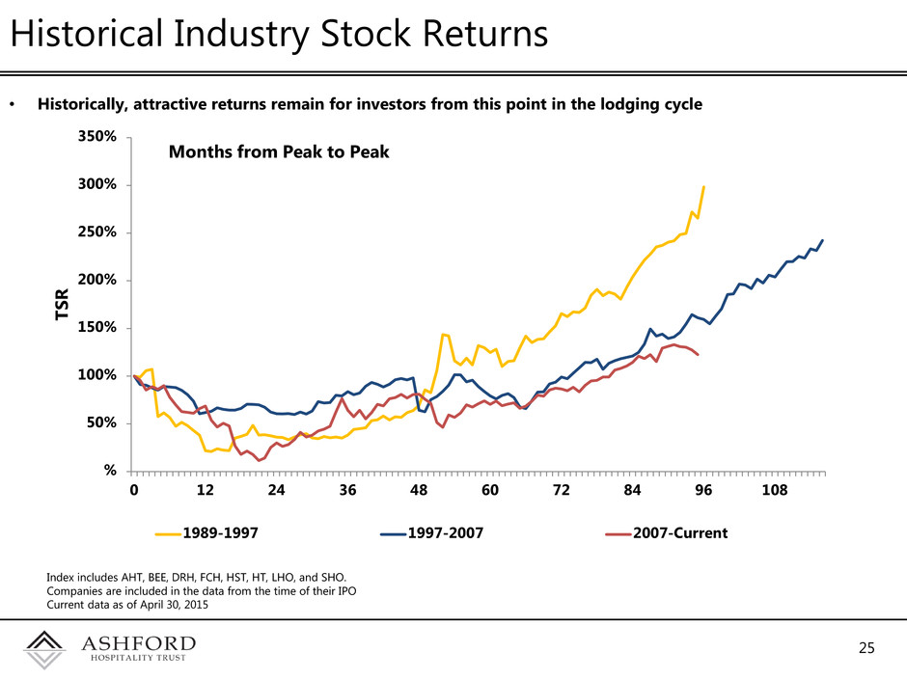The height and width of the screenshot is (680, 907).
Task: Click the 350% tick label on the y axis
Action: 97,137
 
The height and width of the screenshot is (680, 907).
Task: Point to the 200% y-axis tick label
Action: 97,280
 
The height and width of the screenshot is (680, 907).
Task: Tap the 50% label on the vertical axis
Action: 101,422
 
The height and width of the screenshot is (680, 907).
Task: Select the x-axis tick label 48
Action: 419,492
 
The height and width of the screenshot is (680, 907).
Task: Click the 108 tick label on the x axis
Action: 775,492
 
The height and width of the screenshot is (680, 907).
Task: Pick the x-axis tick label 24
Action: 276,492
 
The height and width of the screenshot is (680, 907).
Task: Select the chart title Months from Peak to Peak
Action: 279,151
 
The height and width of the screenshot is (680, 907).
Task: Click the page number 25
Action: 867,648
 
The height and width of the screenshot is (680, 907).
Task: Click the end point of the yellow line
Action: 704,186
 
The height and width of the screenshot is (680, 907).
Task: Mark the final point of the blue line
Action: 823,239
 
